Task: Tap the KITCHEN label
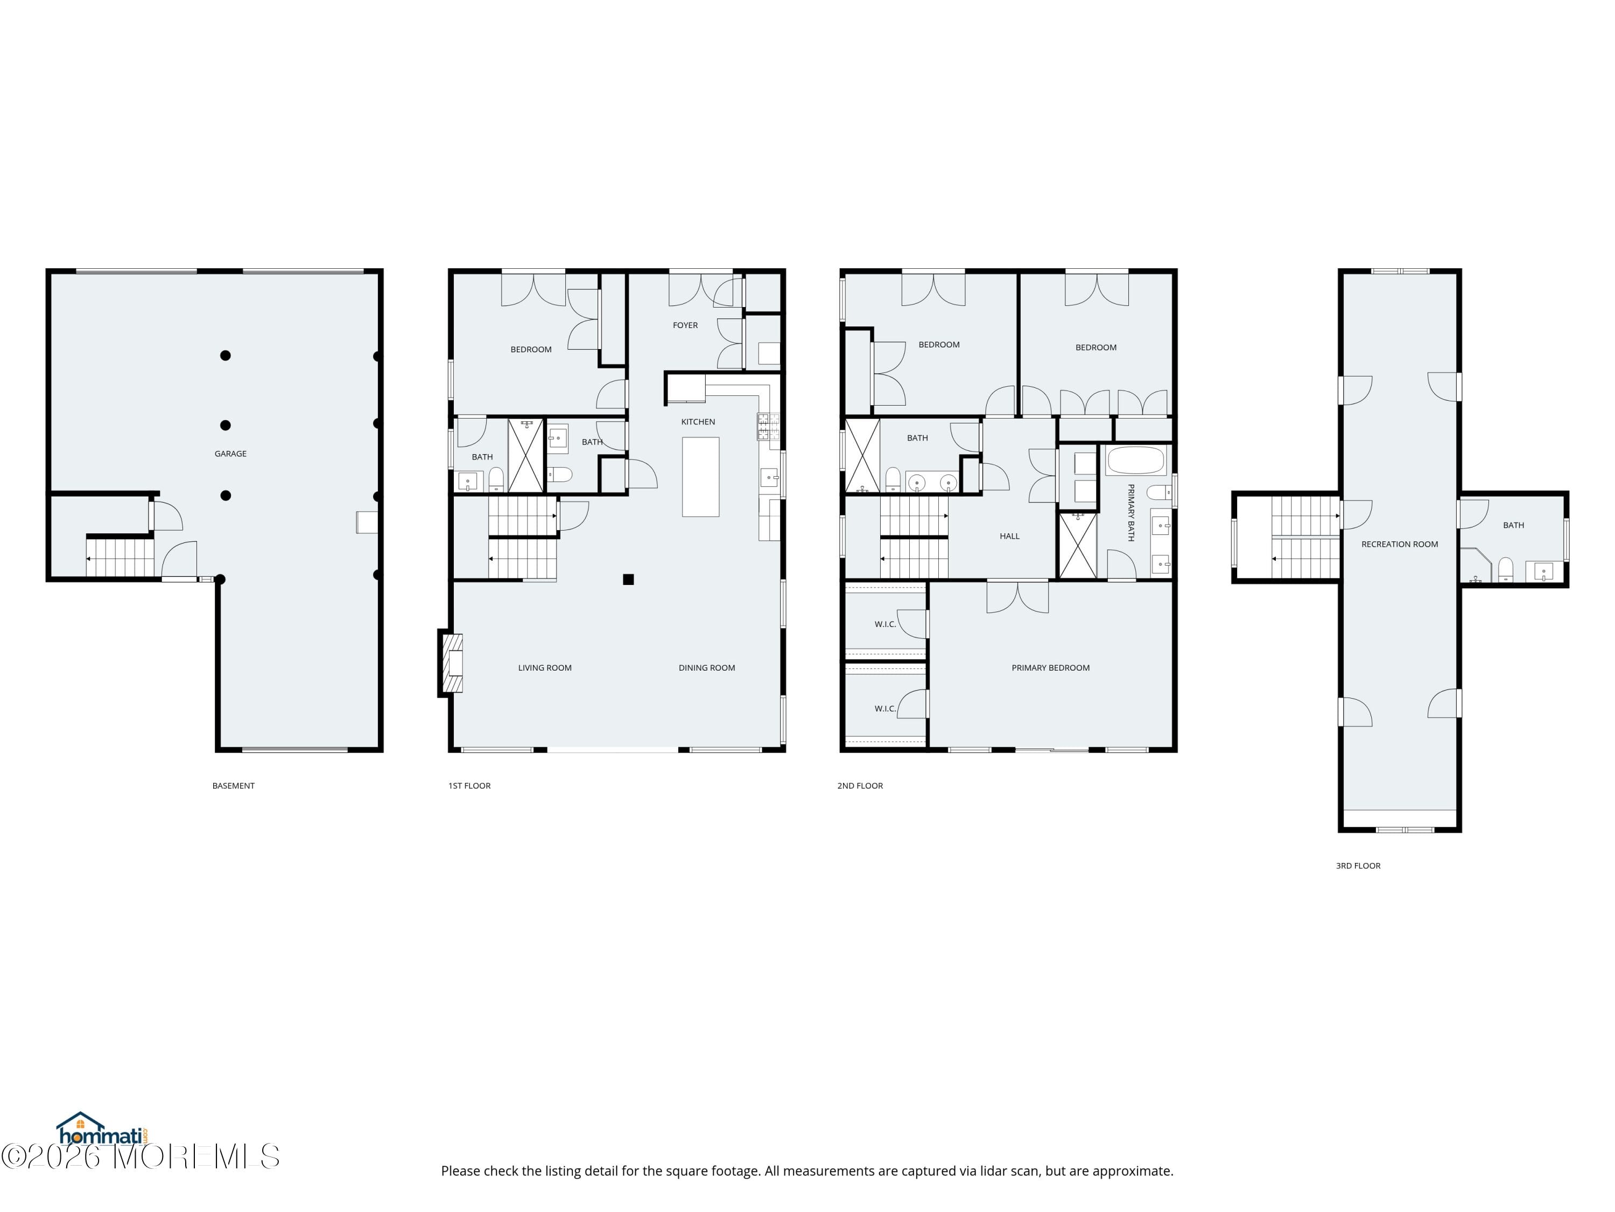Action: point(698,422)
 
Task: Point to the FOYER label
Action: point(685,325)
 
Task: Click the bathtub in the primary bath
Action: point(1135,461)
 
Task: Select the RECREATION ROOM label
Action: point(1399,544)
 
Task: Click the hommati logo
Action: point(102,1130)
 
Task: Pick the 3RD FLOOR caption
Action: point(1358,866)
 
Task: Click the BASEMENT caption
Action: point(234,786)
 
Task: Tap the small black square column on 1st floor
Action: point(628,579)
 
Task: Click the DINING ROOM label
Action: point(707,668)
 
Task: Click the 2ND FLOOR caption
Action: point(860,786)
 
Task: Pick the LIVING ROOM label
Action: point(545,668)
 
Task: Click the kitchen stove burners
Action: point(767,427)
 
